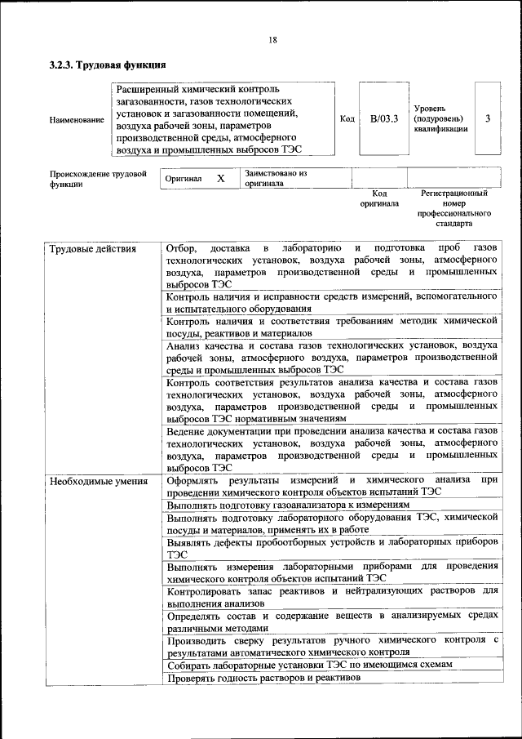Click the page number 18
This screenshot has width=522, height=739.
point(272,40)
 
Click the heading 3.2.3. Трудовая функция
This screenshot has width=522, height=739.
point(108,65)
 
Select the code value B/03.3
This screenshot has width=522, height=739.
point(383,119)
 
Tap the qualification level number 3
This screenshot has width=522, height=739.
point(487,118)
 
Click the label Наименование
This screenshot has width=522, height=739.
point(77,120)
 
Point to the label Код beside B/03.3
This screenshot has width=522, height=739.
point(347,119)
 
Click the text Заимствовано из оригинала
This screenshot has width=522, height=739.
point(276,179)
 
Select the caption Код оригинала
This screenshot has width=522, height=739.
point(379,198)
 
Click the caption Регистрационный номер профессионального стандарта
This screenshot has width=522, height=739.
point(454,208)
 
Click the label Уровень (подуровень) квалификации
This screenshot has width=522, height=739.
point(440,118)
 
